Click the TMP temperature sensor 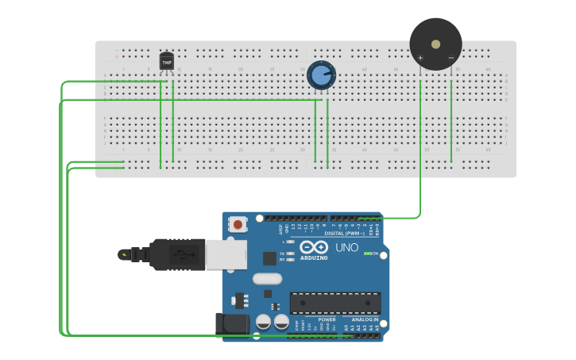point(166,61)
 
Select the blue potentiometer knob point(320,75)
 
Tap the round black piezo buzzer point(435,44)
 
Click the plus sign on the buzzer point(420,58)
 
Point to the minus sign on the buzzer point(450,58)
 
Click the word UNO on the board point(346,247)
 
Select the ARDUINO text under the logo point(314,257)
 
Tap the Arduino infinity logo point(313,247)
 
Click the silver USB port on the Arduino point(226,254)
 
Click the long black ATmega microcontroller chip point(334,302)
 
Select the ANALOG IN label point(365,319)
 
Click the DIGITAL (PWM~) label point(344,233)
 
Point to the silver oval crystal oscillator point(268,279)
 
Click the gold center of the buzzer point(435,45)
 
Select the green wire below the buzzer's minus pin point(451,119)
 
